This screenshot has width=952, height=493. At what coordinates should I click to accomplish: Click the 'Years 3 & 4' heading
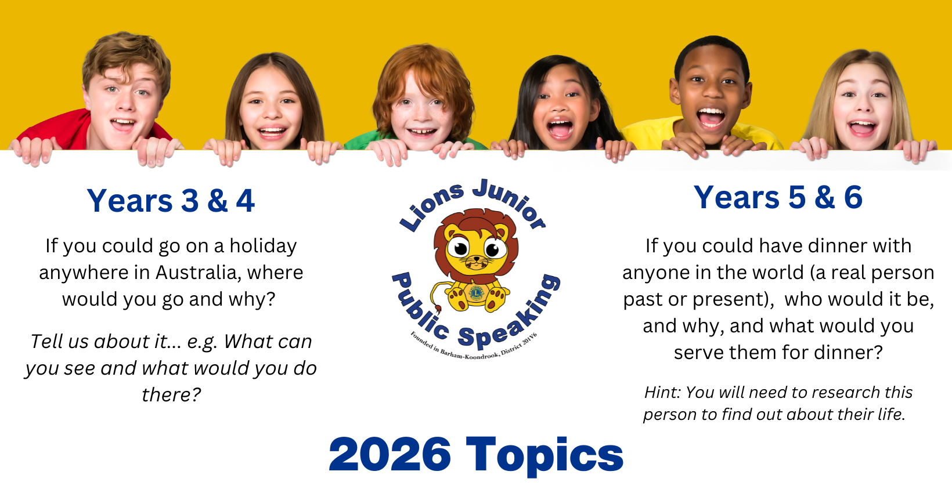pyautogui.click(x=171, y=201)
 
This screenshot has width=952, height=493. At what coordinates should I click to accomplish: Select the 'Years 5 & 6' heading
pyautogui.click(x=778, y=197)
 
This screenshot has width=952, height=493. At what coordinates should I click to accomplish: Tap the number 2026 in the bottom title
pyautogui.click(x=390, y=454)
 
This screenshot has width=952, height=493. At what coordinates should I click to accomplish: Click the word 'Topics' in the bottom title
pyautogui.click(x=545, y=456)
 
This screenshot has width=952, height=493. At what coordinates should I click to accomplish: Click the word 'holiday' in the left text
pyautogui.click(x=263, y=246)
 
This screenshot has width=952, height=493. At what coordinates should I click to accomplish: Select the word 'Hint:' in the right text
pyautogui.click(x=663, y=392)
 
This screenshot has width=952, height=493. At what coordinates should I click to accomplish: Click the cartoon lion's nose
pyautogui.click(x=477, y=258)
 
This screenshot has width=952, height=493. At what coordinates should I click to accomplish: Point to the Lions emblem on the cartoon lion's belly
pyautogui.click(x=476, y=292)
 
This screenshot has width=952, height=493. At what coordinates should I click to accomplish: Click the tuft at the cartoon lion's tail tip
pyautogui.click(x=437, y=309)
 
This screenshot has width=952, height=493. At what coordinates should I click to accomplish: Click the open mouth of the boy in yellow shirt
pyautogui.click(x=710, y=117)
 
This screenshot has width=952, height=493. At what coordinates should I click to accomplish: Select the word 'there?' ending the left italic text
pyautogui.click(x=171, y=395)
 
